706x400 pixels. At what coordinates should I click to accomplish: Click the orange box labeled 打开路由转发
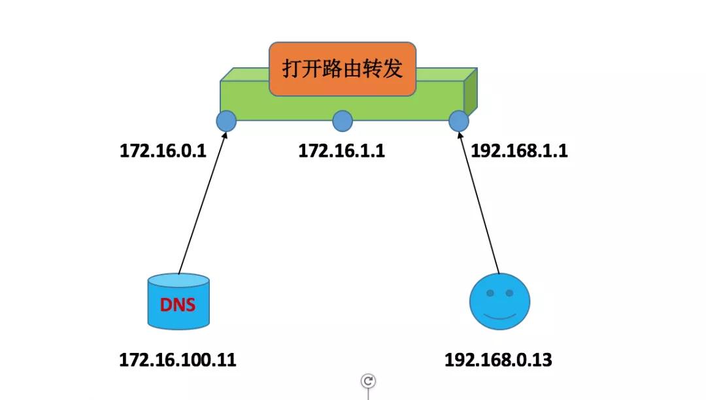tap(343, 69)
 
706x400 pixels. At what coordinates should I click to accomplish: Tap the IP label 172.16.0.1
tap(163, 151)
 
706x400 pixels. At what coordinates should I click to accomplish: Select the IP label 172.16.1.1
tap(342, 151)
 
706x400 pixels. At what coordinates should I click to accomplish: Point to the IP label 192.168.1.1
tap(520, 151)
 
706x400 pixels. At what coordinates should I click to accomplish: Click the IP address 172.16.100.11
tap(178, 359)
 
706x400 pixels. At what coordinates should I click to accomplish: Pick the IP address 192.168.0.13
tap(498, 359)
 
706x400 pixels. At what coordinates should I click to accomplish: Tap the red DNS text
tap(178, 304)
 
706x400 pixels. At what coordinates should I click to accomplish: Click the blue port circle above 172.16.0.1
tap(226, 121)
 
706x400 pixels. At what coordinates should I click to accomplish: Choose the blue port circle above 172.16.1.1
tap(343, 121)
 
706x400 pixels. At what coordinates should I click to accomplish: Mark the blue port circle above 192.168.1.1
tap(459, 121)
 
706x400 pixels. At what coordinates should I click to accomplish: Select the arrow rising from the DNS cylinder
tap(202, 203)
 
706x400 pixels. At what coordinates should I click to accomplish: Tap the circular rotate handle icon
tap(369, 381)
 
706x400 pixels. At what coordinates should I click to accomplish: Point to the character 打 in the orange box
tap(292, 69)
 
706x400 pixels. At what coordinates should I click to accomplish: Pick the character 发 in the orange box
tap(393, 69)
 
